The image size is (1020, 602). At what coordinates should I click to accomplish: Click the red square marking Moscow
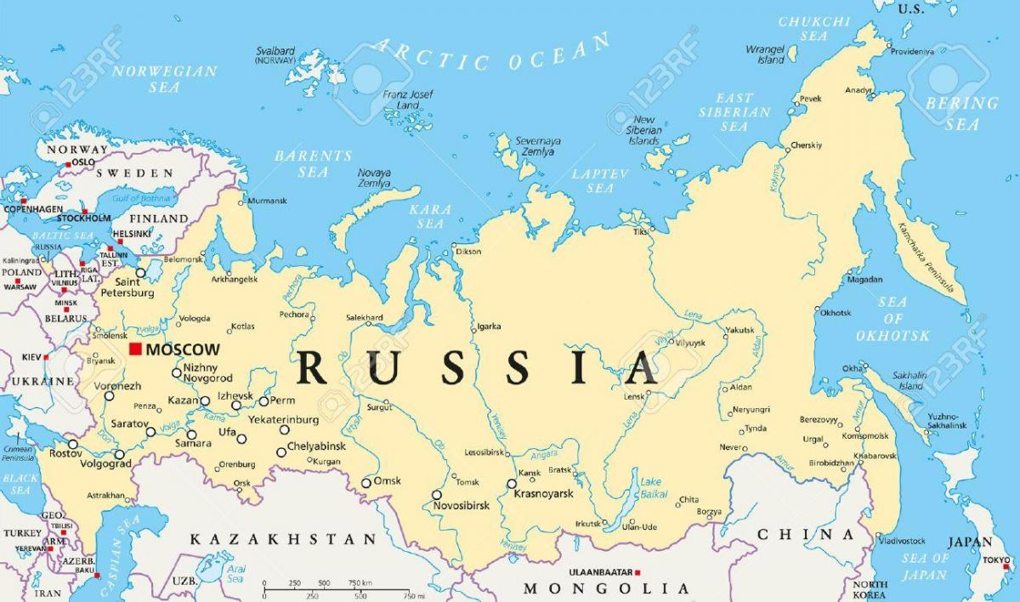click(135, 349)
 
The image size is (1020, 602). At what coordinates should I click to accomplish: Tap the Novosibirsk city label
click(462, 506)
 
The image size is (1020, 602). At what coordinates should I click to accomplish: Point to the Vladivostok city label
click(902, 541)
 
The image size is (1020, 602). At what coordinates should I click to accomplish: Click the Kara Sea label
click(429, 216)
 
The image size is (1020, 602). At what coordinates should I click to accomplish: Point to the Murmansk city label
click(267, 202)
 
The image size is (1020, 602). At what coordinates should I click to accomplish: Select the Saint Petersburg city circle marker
click(141, 274)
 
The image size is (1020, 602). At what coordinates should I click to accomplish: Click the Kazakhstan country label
click(282, 539)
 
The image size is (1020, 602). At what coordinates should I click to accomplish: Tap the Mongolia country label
click(606, 588)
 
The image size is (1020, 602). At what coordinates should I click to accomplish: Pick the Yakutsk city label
click(739, 330)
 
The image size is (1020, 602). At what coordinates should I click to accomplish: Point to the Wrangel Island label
click(765, 54)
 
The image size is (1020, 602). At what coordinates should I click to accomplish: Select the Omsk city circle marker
click(366, 483)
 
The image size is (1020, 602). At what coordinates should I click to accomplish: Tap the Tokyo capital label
click(995, 559)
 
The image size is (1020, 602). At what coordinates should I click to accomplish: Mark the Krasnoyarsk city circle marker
click(512, 484)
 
